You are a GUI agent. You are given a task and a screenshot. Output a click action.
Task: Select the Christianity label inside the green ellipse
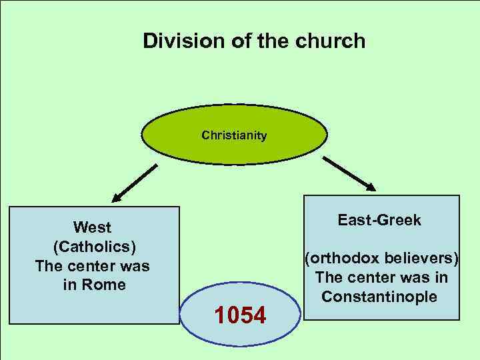pos(234,136)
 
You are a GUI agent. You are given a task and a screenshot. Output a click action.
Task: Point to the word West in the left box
pos(92,228)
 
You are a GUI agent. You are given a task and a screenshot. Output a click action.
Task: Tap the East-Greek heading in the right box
pos(379,221)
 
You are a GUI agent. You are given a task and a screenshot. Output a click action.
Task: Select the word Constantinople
pos(379,296)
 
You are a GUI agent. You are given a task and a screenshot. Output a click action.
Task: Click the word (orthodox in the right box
pos(339,258)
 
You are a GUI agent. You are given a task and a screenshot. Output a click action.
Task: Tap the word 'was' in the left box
pos(137,266)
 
